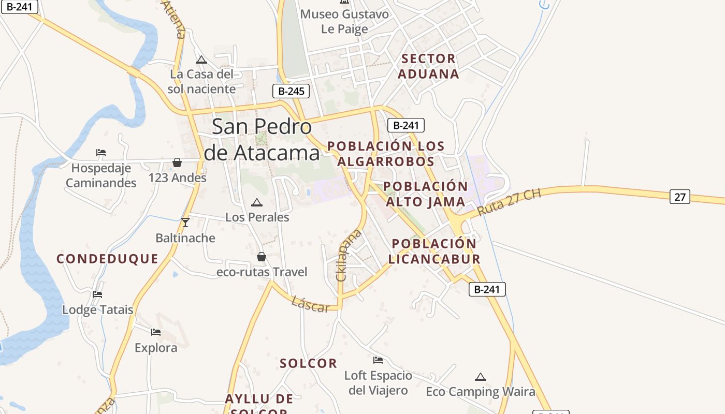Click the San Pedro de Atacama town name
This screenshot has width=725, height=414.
(262, 140)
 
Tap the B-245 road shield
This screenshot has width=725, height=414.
(291, 91)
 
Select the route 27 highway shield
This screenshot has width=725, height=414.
(680, 197)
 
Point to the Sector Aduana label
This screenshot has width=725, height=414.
(428, 66)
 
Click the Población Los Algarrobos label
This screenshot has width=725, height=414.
(386, 154)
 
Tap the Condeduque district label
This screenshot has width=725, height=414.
(107, 259)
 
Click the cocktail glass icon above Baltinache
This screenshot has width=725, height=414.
(185, 223)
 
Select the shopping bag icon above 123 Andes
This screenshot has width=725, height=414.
(177, 162)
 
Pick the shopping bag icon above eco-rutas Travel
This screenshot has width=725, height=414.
(262, 257)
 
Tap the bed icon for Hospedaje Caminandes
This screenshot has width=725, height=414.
(101, 153)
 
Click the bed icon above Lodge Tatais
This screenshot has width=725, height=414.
(97, 294)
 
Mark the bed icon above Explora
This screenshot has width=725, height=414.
(156, 332)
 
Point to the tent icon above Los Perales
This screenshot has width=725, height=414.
(256, 202)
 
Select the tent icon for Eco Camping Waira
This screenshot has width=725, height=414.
(481, 377)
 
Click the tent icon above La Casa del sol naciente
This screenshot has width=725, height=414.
(201, 60)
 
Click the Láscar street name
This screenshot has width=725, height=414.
(310, 304)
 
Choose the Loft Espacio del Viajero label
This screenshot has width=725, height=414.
(378, 382)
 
